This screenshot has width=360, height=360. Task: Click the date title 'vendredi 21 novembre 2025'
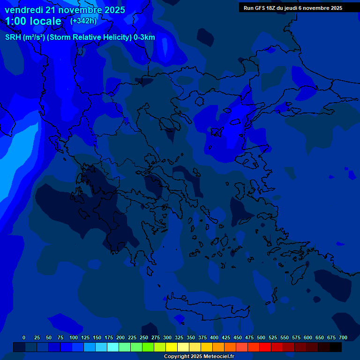[x=65, y=10]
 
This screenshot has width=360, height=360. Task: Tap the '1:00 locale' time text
[x=33, y=21]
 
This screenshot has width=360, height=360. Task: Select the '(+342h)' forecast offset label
[x=83, y=21]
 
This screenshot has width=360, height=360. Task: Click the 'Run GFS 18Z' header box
[x=293, y=7]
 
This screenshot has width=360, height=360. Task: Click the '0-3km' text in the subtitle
[x=144, y=37]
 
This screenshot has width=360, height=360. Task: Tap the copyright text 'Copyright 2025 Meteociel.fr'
[x=199, y=356]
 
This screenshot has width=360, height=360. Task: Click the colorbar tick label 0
[x=24, y=337]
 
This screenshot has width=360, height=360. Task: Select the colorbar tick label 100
[x=74, y=337]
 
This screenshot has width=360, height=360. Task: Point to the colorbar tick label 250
[x=144, y=337]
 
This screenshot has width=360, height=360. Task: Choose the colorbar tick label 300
[x=167, y=337]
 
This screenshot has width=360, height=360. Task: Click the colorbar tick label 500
[x=261, y=337]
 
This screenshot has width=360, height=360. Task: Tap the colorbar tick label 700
[x=343, y=337]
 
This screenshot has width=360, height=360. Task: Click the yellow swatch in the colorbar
[x=172, y=347]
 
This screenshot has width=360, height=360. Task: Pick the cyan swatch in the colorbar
[x=113, y=347]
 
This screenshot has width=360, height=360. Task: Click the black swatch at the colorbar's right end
[x=336, y=347]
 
